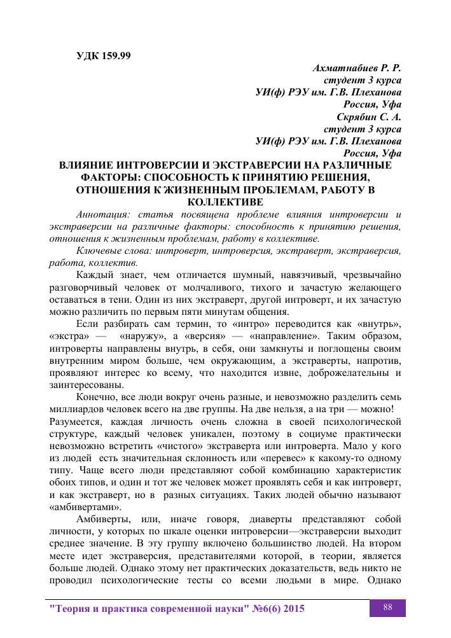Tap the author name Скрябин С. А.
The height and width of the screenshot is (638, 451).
[x=368, y=116]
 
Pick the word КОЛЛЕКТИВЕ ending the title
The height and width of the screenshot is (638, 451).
[x=225, y=202]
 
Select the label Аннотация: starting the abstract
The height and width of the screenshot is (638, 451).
[x=104, y=214]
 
